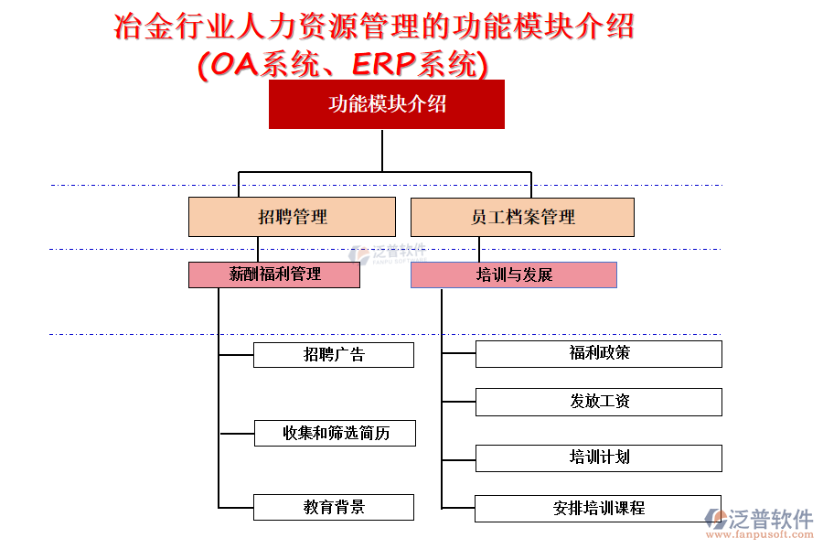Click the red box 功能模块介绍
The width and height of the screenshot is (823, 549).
click(x=386, y=104)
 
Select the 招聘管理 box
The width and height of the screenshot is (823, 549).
click(x=292, y=217)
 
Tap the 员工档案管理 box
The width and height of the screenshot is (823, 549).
click(x=522, y=217)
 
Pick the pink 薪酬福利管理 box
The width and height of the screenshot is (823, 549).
click(x=274, y=274)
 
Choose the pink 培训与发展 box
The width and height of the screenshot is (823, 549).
click(x=514, y=274)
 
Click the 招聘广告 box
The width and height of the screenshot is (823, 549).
click(x=334, y=355)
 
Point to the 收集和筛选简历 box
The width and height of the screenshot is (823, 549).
click(x=335, y=433)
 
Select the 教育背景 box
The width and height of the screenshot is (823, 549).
click(x=334, y=507)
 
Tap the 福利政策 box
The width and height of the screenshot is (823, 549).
click(x=598, y=353)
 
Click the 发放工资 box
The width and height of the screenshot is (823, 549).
click(x=598, y=402)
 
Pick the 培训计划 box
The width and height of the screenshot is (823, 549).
click(x=598, y=457)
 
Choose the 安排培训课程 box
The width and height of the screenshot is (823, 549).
click(x=598, y=508)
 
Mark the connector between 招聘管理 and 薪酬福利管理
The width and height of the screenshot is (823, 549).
click(x=258, y=249)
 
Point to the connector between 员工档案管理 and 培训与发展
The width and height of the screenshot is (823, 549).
click(x=479, y=249)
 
